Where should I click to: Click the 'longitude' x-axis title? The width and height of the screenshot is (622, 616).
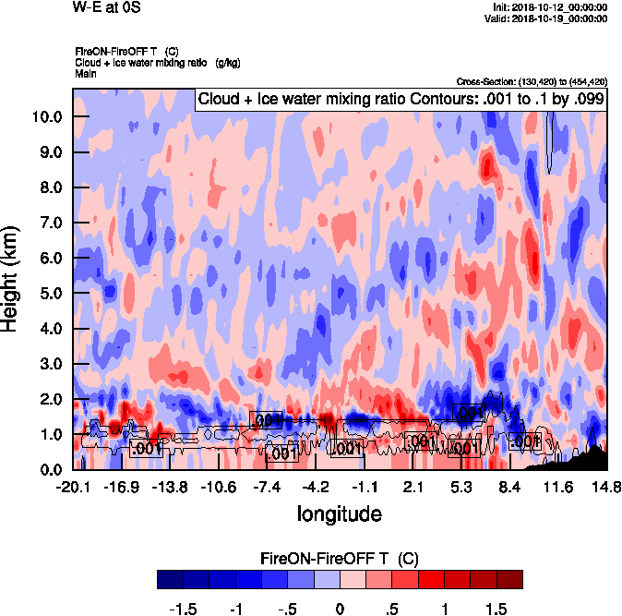[339, 513]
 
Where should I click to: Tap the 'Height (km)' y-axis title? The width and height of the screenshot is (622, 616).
[12, 278]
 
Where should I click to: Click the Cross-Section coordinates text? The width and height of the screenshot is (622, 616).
[532, 81]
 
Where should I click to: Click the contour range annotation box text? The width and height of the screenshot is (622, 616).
[401, 99]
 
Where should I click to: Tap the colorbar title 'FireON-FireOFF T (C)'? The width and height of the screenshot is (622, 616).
[339, 559]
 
